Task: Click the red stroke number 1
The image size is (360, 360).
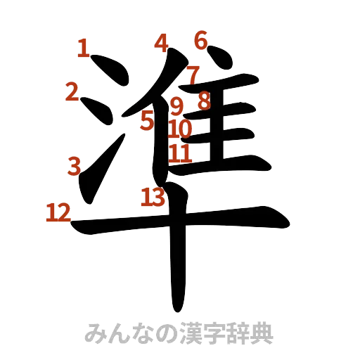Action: click(x=84, y=49)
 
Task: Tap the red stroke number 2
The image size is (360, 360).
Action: click(x=71, y=91)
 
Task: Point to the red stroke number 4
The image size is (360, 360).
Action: click(x=162, y=44)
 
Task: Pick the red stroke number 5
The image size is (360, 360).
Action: click(x=147, y=120)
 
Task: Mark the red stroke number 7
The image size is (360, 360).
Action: click(x=192, y=73)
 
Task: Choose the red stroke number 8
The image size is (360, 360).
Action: click(x=203, y=101)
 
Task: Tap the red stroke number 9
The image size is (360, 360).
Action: click(x=177, y=106)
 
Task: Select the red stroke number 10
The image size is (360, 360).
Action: click(x=180, y=129)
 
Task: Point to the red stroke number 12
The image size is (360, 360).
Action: click(x=58, y=212)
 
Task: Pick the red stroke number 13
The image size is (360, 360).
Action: click(x=153, y=197)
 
